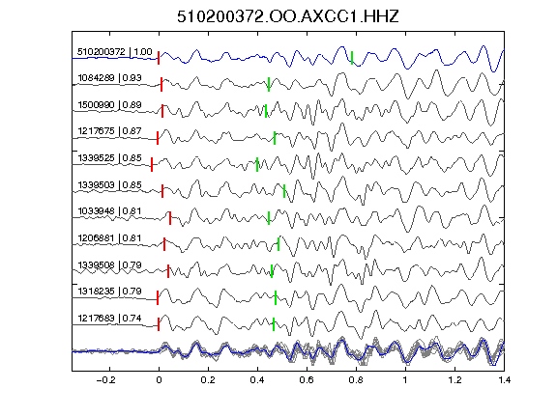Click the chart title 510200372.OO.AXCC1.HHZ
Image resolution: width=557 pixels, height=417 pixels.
(x=288, y=16)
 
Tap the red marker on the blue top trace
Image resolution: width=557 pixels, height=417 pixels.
(x=159, y=58)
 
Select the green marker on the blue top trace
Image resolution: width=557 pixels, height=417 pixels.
(x=352, y=58)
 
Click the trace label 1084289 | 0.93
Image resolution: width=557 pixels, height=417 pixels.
(x=109, y=78)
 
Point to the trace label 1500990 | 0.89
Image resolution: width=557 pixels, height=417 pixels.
(x=109, y=105)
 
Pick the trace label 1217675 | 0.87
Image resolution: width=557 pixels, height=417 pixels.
(x=109, y=131)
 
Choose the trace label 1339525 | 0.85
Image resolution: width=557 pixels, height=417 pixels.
(x=109, y=158)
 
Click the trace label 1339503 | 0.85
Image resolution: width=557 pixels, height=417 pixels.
(x=109, y=185)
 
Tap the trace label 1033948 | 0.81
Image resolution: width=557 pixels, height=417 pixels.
(x=109, y=211)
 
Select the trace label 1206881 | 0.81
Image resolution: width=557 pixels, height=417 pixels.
(x=109, y=238)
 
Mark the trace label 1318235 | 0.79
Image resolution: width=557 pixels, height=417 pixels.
(x=109, y=292)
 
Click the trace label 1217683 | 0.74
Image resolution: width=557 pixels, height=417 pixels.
(x=109, y=319)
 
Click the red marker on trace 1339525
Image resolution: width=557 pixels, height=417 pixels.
(x=152, y=164)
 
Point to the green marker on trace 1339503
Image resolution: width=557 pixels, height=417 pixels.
(x=284, y=191)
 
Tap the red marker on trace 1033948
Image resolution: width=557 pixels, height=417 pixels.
(x=170, y=218)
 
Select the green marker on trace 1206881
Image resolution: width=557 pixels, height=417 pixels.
(x=278, y=244)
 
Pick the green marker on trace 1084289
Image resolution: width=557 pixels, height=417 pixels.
(x=269, y=84)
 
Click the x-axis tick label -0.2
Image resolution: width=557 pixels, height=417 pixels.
(x=105, y=380)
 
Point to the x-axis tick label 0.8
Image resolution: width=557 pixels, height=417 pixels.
(x=356, y=380)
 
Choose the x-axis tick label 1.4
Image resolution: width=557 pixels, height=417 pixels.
(x=504, y=380)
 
